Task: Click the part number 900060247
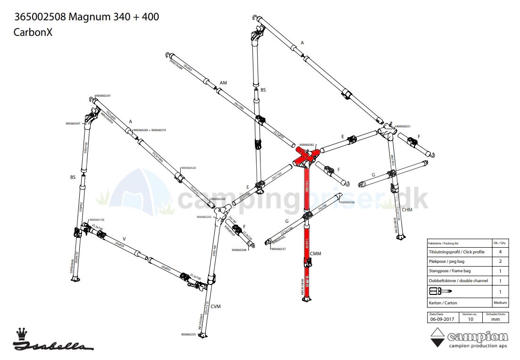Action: click(x=103, y=96)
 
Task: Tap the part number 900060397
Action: click(x=74, y=124)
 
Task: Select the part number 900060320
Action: click(x=188, y=167)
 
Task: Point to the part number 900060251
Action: click(x=403, y=126)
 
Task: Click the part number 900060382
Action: click(x=307, y=145)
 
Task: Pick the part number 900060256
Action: click(x=347, y=202)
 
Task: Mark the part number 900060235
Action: click(x=188, y=335)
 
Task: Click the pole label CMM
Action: click(x=316, y=254)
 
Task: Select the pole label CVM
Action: click(x=216, y=307)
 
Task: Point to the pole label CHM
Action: click(x=407, y=209)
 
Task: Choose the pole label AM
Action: click(x=224, y=83)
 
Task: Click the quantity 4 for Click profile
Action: click(x=500, y=252)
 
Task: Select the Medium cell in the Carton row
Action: click(x=500, y=303)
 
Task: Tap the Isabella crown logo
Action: click(x=21, y=334)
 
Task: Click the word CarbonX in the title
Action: click(x=33, y=33)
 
